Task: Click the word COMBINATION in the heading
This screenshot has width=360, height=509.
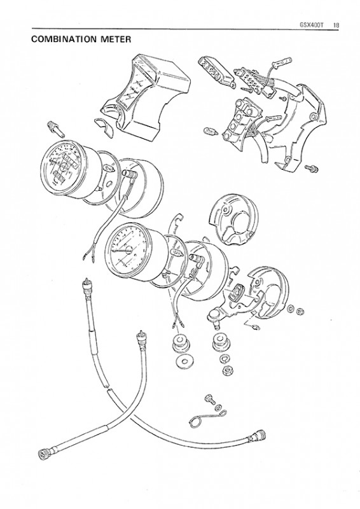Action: [x=64, y=39]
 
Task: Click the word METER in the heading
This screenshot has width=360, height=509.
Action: [x=116, y=39]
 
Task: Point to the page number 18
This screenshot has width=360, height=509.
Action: [x=336, y=25]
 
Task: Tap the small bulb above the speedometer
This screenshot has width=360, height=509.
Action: [x=56, y=129]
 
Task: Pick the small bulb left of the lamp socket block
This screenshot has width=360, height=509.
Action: [x=211, y=132]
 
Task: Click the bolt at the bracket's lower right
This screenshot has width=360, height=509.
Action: [x=311, y=168]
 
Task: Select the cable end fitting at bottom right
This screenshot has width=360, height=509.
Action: [x=259, y=436]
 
